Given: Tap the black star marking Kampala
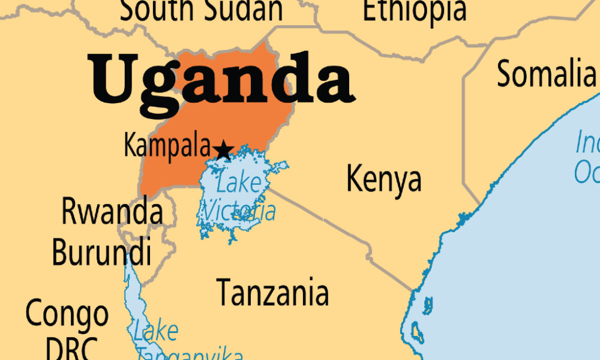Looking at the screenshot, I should [223, 151].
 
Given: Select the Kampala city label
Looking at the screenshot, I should [167, 145].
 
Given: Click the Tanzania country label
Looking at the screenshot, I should [272, 293].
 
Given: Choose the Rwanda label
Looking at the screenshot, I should [112, 211].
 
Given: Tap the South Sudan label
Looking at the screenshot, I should [201, 11].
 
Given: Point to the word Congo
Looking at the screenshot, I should [67, 314].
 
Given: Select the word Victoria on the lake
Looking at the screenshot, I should [239, 211].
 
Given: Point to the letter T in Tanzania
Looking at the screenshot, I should [224, 293].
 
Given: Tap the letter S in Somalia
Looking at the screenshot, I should [505, 74].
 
